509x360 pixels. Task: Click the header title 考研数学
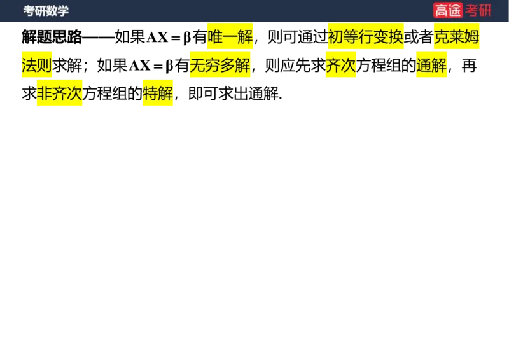click(x=46, y=11)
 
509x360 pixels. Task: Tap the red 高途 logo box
click(x=448, y=10)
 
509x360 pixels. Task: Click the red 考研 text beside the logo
click(x=478, y=10)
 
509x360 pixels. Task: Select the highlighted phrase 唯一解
click(x=230, y=37)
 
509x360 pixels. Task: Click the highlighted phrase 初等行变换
click(x=366, y=37)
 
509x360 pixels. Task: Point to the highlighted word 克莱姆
click(x=456, y=37)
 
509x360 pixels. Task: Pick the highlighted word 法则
click(x=38, y=65)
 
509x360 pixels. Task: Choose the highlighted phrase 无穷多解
click(x=220, y=65)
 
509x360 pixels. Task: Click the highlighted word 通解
click(x=431, y=65)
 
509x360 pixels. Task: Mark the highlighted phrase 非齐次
click(x=59, y=93)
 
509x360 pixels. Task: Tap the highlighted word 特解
click(x=158, y=93)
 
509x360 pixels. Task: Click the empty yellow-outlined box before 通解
click(x=384, y=66)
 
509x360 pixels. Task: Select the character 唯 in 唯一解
click(x=215, y=37)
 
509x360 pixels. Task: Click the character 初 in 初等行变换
click(x=335, y=37)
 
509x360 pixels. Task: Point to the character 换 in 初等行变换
click(x=397, y=37)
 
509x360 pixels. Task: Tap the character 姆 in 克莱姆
click(x=471, y=37)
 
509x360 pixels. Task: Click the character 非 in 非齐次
click(x=44, y=93)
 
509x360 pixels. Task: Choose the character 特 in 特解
click(x=150, y=93)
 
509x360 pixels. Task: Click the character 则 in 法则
click(x=45, y=65)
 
